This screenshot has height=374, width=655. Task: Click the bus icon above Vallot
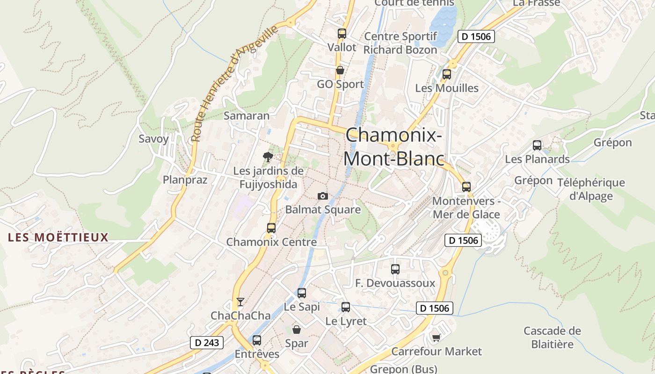pos(342,34)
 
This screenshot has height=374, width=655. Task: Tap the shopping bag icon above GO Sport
pos(340,71)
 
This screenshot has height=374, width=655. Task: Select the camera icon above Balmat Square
pos(323,196)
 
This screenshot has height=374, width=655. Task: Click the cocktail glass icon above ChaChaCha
pos(240,302)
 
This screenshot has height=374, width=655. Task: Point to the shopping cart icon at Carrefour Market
pos(437,337)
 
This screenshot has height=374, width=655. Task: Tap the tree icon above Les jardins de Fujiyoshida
pos(268,157)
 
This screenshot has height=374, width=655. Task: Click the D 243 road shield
pos(207,343)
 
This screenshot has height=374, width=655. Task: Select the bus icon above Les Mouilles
pos(447,74)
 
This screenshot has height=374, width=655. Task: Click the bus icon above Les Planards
pos(537,145)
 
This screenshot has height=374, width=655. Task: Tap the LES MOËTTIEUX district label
pos(58,237)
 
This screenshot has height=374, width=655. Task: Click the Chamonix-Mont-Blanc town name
pos(393,147)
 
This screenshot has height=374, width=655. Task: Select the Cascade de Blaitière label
pos(552,338)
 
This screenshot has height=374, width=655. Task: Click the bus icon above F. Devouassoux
pos(395,269)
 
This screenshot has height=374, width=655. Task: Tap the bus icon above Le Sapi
pos(302,293)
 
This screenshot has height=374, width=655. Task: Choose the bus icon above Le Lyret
pos(346,307)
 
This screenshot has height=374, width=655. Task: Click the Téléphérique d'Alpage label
pos(591,189)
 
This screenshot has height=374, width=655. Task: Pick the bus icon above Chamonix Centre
pos(271,228)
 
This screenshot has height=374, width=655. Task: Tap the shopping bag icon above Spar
pos(297,330)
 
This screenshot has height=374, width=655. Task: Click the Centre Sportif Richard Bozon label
pos(400,43)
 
